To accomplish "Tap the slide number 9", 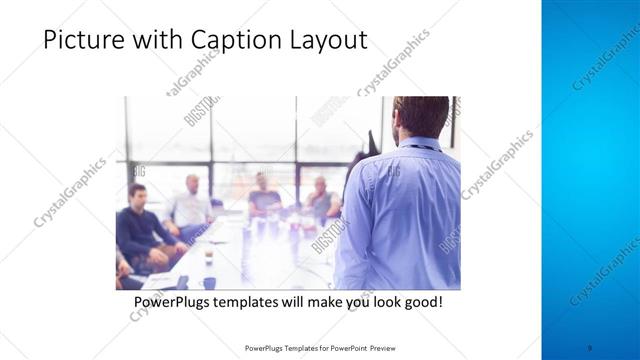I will tap(591, 348).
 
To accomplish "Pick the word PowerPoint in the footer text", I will tap(346, 348).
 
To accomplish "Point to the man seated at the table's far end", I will tap(264, 195).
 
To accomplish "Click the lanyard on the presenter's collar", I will tap(412, 147).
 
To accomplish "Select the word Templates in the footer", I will tap(294, 348).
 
